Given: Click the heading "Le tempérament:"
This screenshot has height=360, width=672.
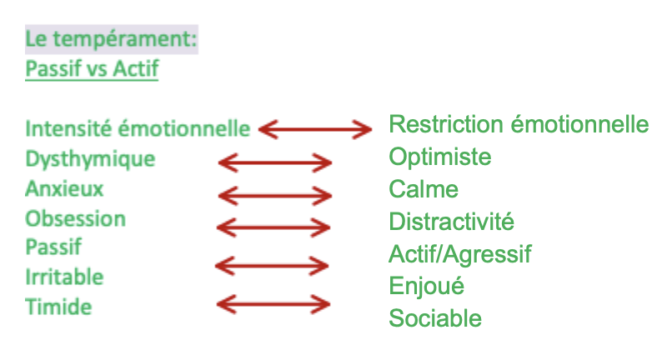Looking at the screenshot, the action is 112,39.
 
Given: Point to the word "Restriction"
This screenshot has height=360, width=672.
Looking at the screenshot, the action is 443,125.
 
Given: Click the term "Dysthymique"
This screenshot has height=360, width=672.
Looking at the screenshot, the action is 90,159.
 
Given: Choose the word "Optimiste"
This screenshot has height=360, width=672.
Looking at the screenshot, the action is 440,157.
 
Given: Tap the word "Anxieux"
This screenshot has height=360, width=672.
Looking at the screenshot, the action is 64,189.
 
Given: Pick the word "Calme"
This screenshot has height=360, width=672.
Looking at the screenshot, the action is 424,189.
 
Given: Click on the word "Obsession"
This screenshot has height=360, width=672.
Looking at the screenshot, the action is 75,219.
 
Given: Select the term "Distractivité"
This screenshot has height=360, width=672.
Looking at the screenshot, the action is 451,222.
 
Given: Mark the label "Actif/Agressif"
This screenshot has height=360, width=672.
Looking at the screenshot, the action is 460,253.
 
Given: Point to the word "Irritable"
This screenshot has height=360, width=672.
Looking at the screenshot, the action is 64,277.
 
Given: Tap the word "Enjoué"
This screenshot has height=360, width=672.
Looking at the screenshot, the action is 426,286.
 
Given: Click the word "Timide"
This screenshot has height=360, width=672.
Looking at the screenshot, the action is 58,307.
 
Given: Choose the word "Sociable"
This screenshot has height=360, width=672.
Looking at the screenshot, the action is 435,317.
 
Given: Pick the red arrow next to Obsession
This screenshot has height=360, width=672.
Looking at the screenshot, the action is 273,227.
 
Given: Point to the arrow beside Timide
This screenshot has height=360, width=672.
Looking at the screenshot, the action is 273,303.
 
